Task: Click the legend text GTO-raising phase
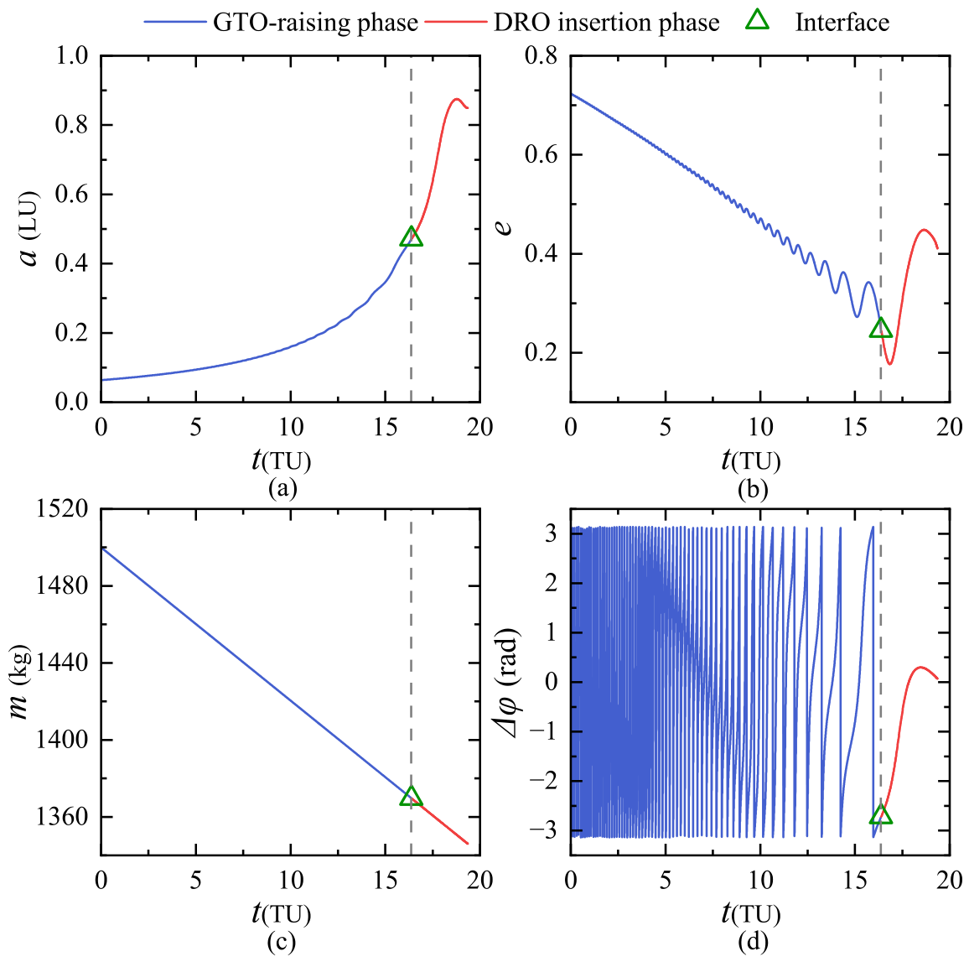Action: pyautogui.click(x=316, y=23)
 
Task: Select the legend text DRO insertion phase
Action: pyautogui.click(x=606, y=23)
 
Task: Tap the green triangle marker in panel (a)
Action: pyautogui.click(x=411, y=237)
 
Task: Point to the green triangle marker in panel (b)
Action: pyautogui.click(x=881, y=328)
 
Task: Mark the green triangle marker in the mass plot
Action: pyautogui.click(x=411, y=796)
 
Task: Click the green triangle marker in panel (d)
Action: pyautogui.click(x=881, y=815)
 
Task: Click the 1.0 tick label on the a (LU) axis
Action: pyautogui.click(x=72, y=55)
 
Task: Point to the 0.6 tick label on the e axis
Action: pyautogui.click(x=541, y=154)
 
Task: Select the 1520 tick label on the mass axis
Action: pyautogui.click(x=62, y=509)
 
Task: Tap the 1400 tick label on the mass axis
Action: pyautogui.click(x=62, y=740)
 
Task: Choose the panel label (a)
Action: pyautogui.click(x=282, y=488)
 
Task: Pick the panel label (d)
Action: pyautogui.click(x=753, y=942)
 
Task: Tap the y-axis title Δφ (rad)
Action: pyautogui.click(x=508, y=684)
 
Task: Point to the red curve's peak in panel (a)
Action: pyautogui.click(x=456, y=99)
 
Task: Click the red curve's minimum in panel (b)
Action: pyautogui.click(x=890, y=364)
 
